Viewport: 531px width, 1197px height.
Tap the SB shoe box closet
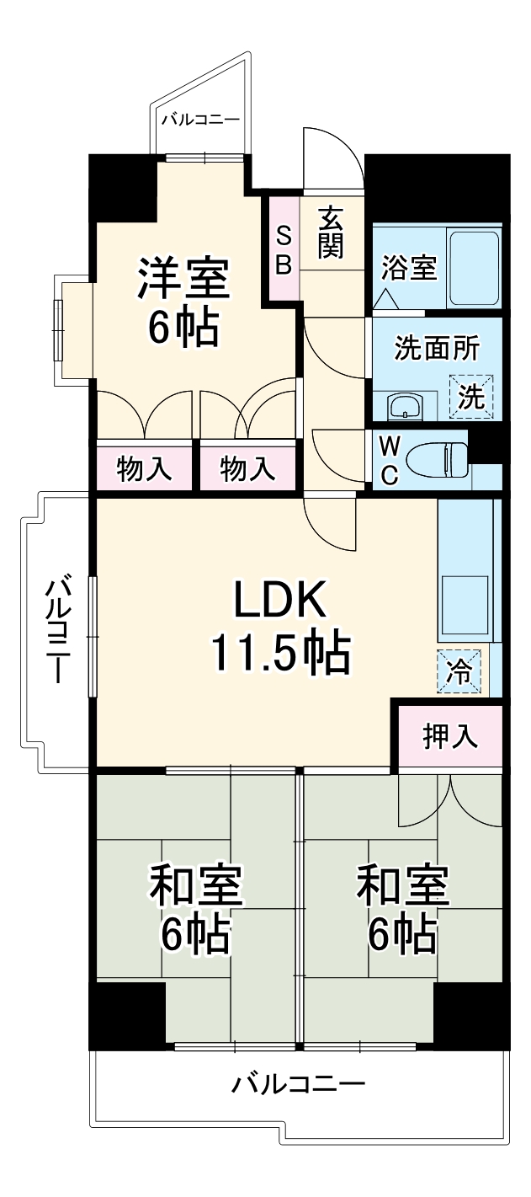(x=284, y=250)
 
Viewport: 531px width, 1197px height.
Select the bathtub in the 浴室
(x=474, y=268)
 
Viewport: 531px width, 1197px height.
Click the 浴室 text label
(x=409, y=270)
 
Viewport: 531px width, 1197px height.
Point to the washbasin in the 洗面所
(x=404, y=408)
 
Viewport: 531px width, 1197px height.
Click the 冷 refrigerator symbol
(x=459, y=672)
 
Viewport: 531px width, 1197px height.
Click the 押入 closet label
(x=450, y=736)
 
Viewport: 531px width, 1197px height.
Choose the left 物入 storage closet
(x=145, y=468)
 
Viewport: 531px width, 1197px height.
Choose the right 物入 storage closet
(x=248, y=468)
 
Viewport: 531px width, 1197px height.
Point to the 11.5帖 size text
(x=279, y=654)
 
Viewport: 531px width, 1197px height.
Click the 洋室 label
(x=183, y=279)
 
